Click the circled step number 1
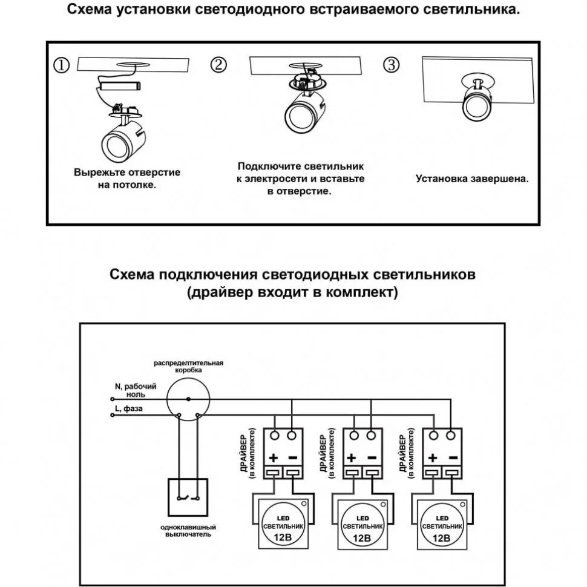tap(62, 66)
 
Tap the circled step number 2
tap(219, 66)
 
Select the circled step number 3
tap(392, 66)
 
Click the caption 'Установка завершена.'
tap(472, 179)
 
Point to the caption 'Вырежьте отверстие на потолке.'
tap(127, 179)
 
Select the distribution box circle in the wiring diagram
tap(188, 399)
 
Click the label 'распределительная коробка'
tap(188, 366)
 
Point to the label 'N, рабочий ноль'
tap(136, 389)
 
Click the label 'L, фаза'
tap(128, 409)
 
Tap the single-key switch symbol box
tap(188, 498)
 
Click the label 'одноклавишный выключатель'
tap(188, 531)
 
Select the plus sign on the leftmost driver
tap(272, 457)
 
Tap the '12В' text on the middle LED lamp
tap(361, 537)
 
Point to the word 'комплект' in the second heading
tap(360, 293)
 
